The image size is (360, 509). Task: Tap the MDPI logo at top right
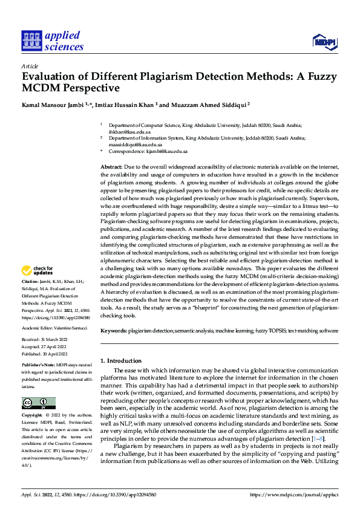click(323, 41)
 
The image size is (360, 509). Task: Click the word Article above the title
click(30, 66)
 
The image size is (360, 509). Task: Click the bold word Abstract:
click(111, 166)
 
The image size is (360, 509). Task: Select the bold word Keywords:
click(114, 332)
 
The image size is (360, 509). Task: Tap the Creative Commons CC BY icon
click(38, 403)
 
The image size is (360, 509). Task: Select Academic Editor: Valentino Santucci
click(54, 328)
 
